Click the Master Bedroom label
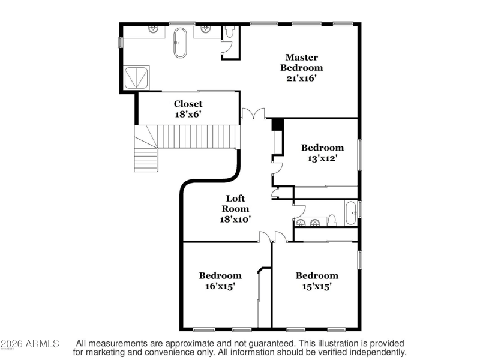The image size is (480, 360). pyautogui.click(x=302, y=62)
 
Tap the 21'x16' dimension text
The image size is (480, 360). pyautogui.click(x=301, y=79)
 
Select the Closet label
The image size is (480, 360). pyautogui.click(x=188, y=104)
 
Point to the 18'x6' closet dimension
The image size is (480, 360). pyautogui.click(x=188, y=115)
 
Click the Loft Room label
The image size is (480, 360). pyautogui.click(x=235, y=203)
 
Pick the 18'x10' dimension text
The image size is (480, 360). pyautogui.click(x=235, y=219)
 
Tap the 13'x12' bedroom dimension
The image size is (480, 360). pyautogui.click(x=322, y=158)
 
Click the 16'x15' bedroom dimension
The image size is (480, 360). pyautogui.click(x=220, y=286)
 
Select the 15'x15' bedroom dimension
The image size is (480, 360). pyautogui.click(x=317, y=286)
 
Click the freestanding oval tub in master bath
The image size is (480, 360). pyautogui.click(x=180, y=43)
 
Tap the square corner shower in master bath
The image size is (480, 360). pyautogui.click(x=136, y=78)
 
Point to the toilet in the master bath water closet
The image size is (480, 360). pyautogui.click(x=229, y=32)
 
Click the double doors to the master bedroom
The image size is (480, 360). pyautogui.click(x=253, y=113)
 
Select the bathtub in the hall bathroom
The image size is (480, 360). pyautogui.click(x=351, y=213)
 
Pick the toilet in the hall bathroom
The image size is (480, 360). pyautogui.click(x=332, y=220)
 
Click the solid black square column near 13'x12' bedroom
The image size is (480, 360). pyautogui.click(x=278, y=125)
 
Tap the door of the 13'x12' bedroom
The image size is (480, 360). pyautogui.click(x=277, y=169)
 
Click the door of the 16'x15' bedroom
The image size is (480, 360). pyautogui.click(x=265, y=237)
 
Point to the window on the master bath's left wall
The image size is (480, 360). pyautogui.click(x=121, y=42)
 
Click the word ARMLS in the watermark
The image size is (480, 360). pyautogui.click(x=42, y=344)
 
